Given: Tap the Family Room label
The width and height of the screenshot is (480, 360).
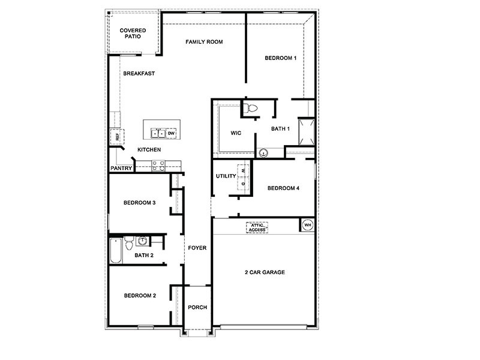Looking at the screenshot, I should (x=204, y=42).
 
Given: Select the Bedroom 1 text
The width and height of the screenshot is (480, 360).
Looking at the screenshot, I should (x=281, y=58).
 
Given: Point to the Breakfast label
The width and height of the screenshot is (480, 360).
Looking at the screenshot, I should (x=139, y=74).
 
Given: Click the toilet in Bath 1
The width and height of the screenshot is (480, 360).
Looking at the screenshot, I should (x=250, y=109).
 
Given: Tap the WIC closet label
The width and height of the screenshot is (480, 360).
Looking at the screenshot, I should (x=236, y=133).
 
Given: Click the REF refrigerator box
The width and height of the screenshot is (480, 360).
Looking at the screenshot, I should (x=118, y=137).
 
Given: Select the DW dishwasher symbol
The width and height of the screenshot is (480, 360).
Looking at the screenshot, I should (x=171, y=133).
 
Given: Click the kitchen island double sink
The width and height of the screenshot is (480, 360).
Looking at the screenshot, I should (x=158, y=133).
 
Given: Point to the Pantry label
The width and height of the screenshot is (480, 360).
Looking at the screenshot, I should (x=121, y=169).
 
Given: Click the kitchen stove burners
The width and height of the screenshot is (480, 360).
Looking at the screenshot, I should (x=158, y=165).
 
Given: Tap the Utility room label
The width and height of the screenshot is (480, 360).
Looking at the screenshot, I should (x=226, y=176).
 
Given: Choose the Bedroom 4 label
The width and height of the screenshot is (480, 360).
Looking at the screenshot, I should (x=283, y=188).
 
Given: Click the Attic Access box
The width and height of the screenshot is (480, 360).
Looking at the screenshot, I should (x=257, y=227).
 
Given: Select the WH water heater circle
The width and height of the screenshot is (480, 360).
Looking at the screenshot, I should (x=308, y=226).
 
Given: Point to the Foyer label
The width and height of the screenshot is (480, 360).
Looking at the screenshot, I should (x=197, y=248).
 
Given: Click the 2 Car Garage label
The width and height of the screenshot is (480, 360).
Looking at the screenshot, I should (x=264, y=272).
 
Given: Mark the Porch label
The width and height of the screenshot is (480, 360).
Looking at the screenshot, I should (x=197, y=307).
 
